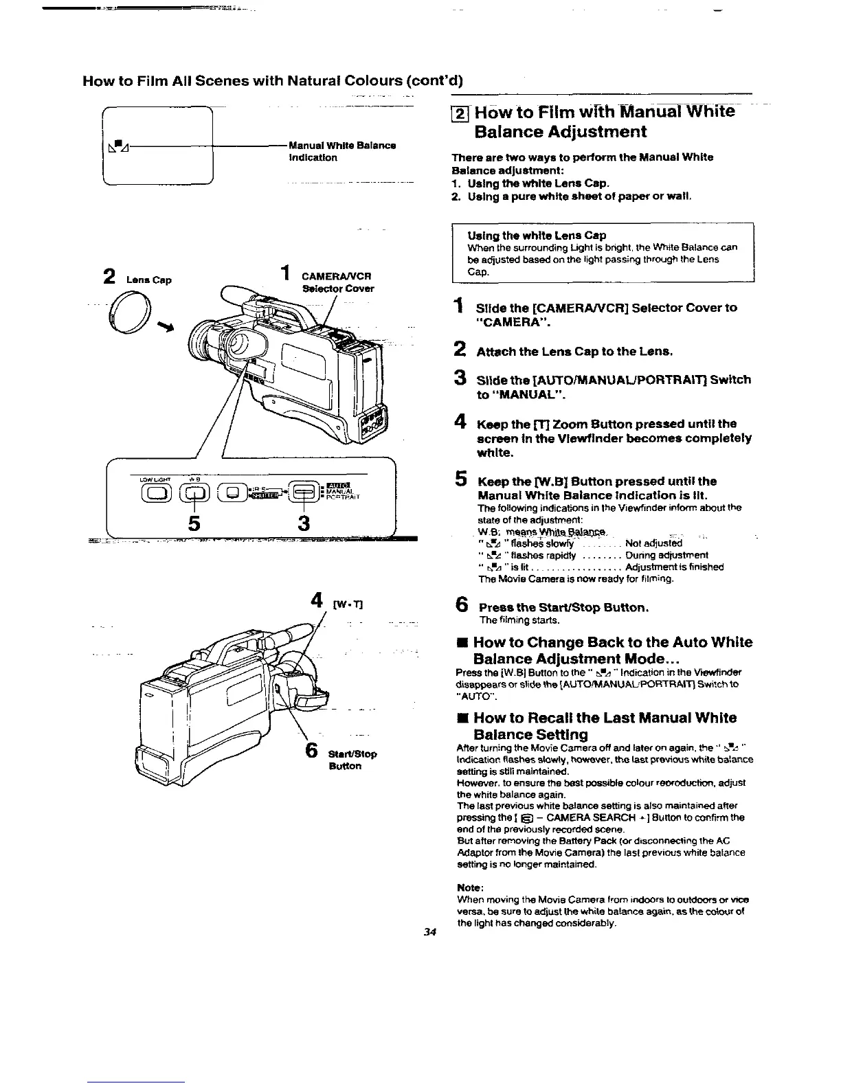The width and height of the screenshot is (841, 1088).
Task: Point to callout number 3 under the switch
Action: [x=303, y=524]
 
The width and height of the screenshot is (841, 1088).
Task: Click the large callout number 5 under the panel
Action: [x=195, y=524]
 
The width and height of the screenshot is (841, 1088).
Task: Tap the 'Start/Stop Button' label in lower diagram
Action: [x=353, y=760]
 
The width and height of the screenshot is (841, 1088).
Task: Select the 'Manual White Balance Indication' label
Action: [x=342, y=151]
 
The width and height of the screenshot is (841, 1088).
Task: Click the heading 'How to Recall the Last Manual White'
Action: [x=605, y=718]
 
